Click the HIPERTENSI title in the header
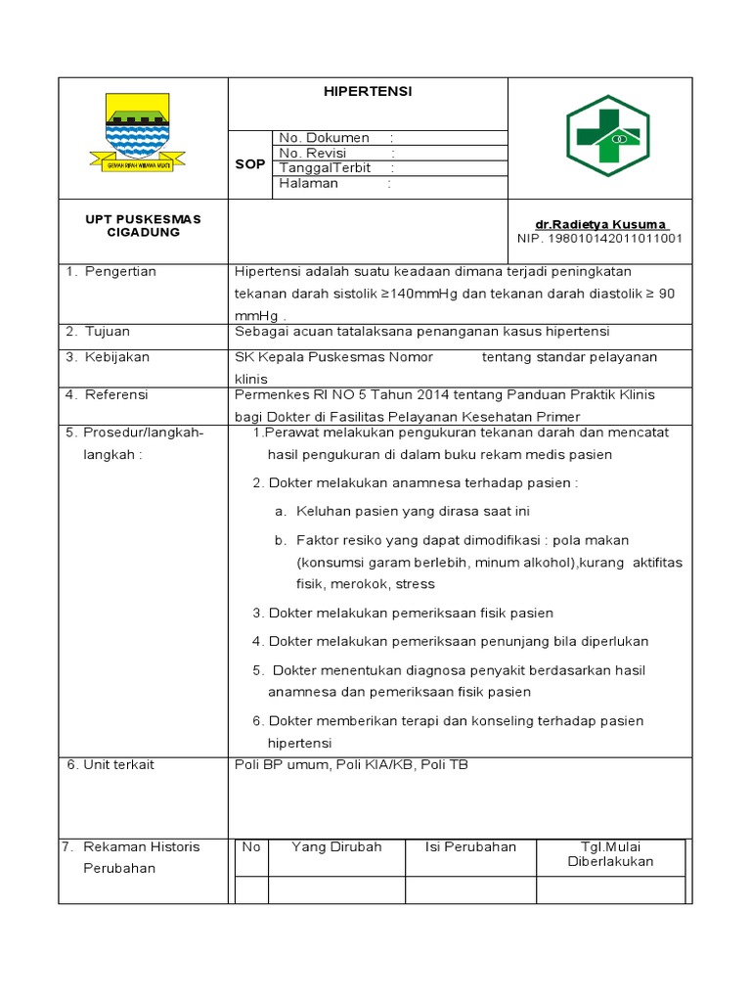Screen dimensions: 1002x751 pyautogui.click(x=368, y=91)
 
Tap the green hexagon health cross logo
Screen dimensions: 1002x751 pyautogui.click(x=607, y=135)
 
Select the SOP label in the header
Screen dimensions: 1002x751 pyautogui.click(x=249, y=163)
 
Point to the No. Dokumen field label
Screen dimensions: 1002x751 pyautogui.click(x=325, y=138)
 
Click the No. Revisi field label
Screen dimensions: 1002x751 pyautogui.click(x=320, y=153)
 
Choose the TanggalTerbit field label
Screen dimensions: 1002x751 pyautogui.click(x=325, y=167)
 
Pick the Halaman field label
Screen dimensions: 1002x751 pyautogui.click(x=309, y=183)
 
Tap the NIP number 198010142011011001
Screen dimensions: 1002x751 pyautogui.click(x=599, y=238)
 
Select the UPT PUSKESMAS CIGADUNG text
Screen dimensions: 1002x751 pyautogui.click(x=143, y=226)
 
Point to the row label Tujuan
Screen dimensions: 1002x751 pyautogui.click(x=107, y=332)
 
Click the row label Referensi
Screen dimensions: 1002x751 pyautogui.click(x=115, y=394)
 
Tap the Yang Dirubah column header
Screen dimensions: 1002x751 pyautogui.click(x=336, y=846)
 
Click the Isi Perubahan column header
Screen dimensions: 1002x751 pyautogui.click(x=470, y=846)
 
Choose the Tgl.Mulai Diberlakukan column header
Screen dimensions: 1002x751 pyautogui.click(x=610, y=854)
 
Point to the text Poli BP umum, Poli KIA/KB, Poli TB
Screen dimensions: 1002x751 pyautogui.click(x=351, y=764)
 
